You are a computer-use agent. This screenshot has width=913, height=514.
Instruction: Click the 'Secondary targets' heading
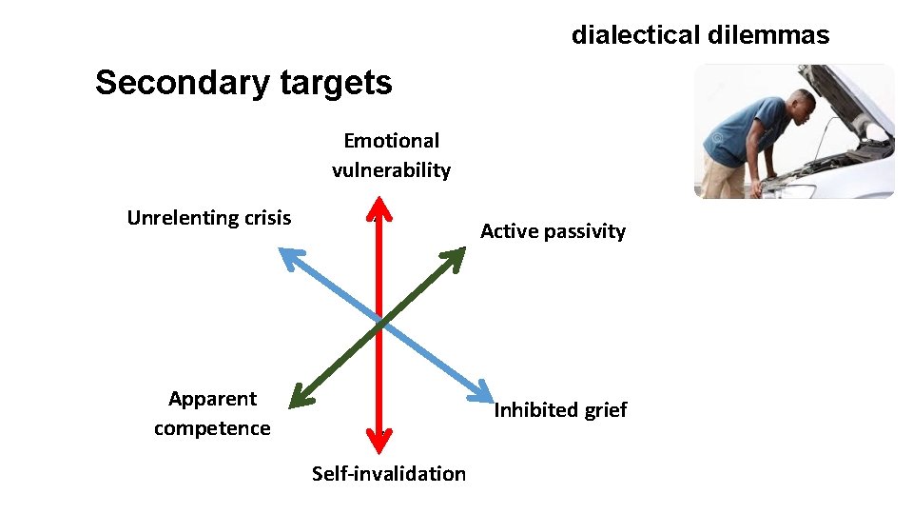pyautogui.click(x=243, y=83)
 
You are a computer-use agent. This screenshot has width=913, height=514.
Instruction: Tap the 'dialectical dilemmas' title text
pyautogui.click(x=700, y=35)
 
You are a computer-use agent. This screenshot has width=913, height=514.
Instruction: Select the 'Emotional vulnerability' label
pyautogui.click(x=391, y=155)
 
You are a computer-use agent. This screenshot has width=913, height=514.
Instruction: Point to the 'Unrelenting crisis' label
pyautogui.click(x=209, y=217)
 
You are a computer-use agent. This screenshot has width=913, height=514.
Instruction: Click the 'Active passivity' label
pyautogui.click(x=553, y=230)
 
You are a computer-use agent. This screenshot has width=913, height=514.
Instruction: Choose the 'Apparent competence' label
pyautogui.click(x=212, y=413)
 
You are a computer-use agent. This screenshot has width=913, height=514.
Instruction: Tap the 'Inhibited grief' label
pyautogui.click(x=560, y=409)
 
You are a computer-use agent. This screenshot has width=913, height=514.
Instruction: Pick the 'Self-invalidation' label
pyautogui.click(x=389, y=473)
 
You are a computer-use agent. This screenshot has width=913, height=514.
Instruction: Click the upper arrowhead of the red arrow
pyautogui.click(x=379, y=207)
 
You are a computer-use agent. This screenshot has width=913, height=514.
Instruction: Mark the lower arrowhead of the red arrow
pyautogui.click(x=379, y=440)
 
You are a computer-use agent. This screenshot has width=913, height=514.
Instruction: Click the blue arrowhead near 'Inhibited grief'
pyautogui.click(x=484, y=395)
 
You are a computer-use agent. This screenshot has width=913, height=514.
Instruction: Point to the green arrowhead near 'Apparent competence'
pyautogui.click(x=300, y=398)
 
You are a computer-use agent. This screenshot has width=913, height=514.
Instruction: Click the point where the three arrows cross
pyautogui.click(x=379, y=323)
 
